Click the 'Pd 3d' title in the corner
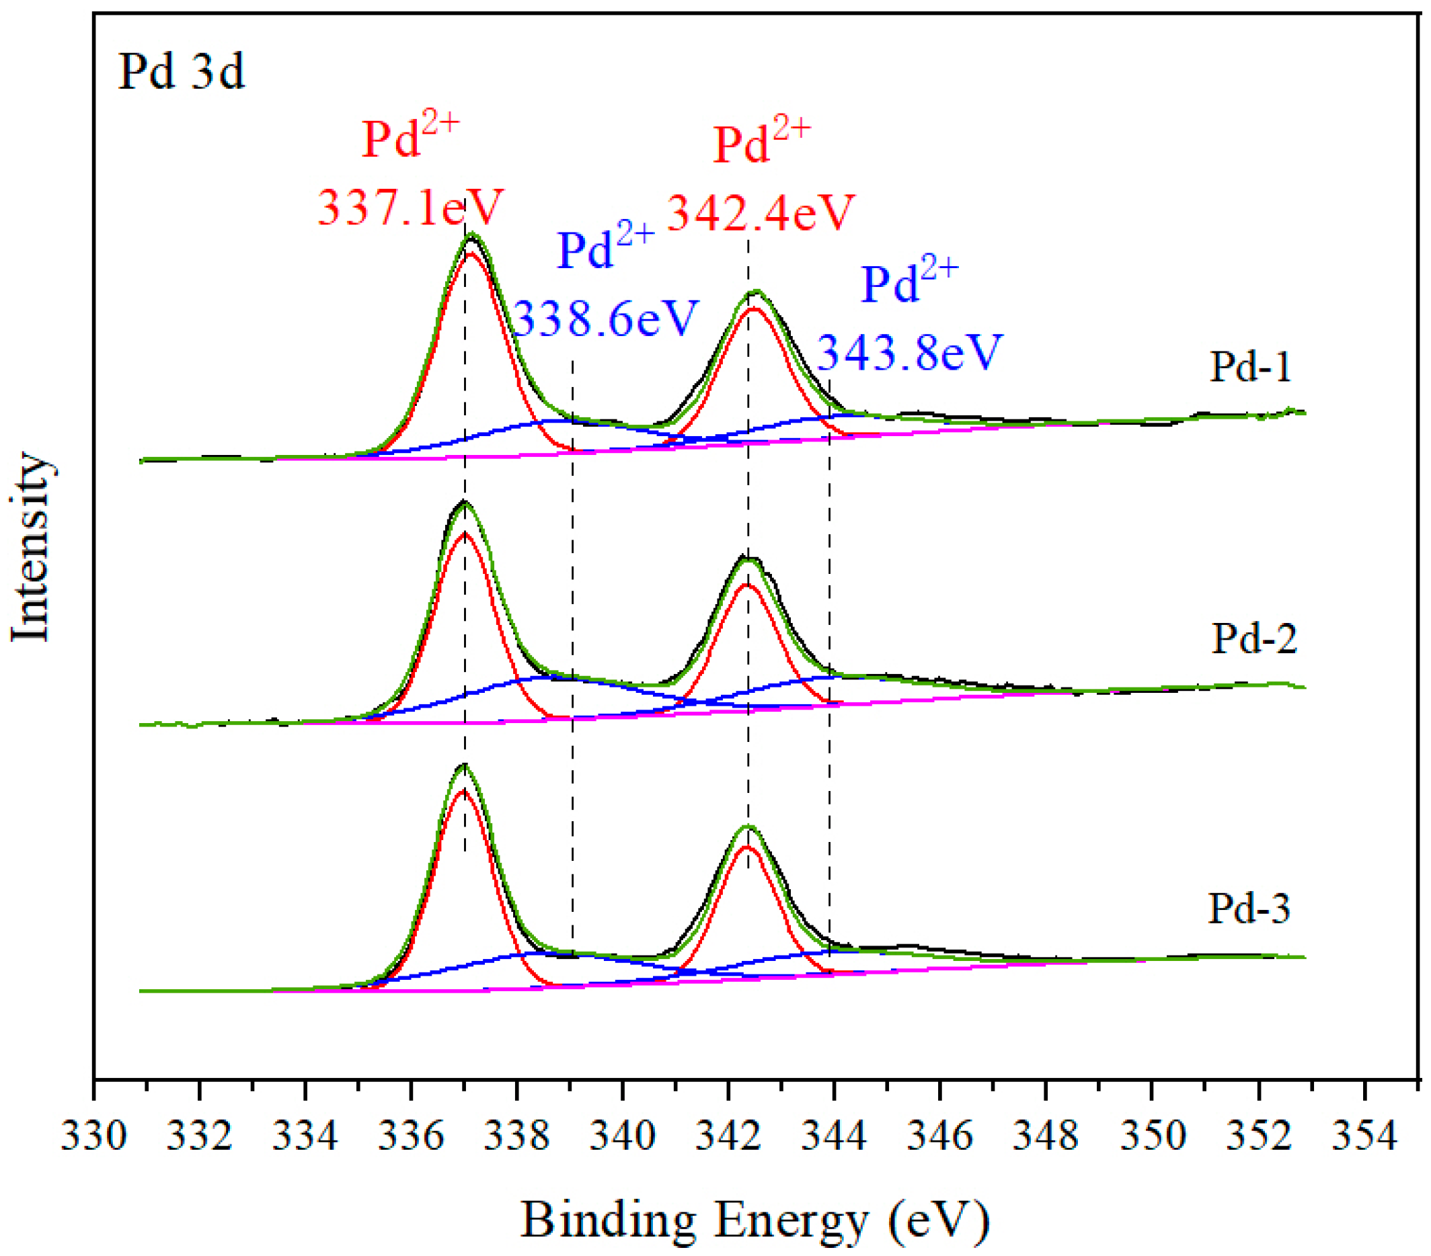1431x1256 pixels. coord(182,72)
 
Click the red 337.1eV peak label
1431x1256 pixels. coord(410,207)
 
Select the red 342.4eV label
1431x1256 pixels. coord(761,212)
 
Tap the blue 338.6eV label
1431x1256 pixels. coord(607,319)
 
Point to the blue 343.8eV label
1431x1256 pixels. coord(910,352)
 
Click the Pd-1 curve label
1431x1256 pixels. coord(1250,367)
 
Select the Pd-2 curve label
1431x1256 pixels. coord(1254,638)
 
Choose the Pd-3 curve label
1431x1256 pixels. coord(1248,909)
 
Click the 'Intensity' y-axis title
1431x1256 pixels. coord(31,547)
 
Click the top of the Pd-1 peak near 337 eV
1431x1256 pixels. coord(472,235)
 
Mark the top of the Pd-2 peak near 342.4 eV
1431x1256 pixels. coord(748,558)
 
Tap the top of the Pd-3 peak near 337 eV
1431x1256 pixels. coord(464,767)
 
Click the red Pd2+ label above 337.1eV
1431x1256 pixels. coord(410,138)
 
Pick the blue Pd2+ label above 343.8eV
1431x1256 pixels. coord(908,284)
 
